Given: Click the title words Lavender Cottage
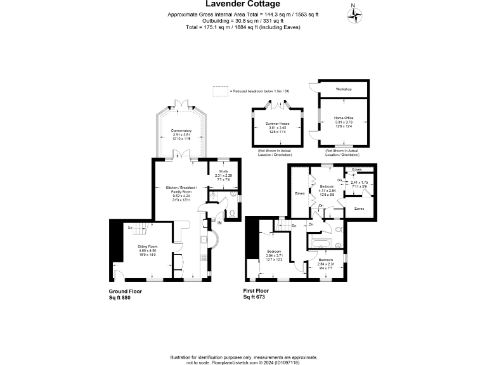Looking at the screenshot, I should (x=243, y=4).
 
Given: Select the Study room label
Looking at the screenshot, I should (x=223, y=174).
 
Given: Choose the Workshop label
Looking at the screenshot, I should (x=343, y=89).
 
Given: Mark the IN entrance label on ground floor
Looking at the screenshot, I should (x=219, y=222).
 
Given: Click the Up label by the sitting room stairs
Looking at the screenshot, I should (x=130, y=227).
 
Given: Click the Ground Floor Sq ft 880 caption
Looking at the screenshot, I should (x=125, y=294).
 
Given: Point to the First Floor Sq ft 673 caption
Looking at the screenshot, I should (x=260, y=294).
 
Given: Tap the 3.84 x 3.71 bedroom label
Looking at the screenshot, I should (x=275, y=255).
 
